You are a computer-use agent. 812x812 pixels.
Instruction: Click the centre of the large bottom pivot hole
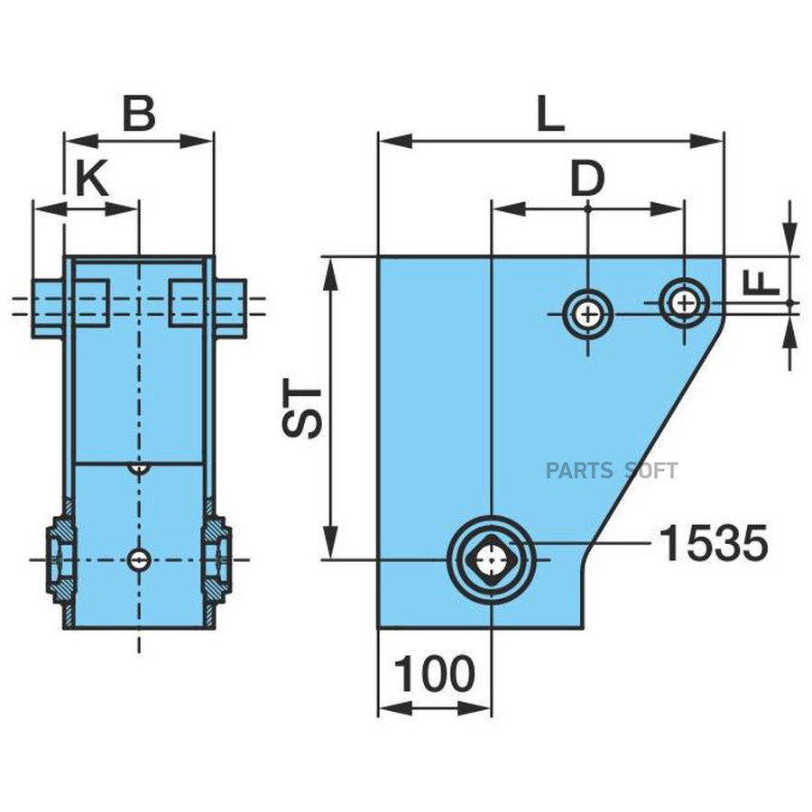click(x=491, y=559)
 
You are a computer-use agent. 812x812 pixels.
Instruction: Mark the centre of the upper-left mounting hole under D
click(x=587, y=314)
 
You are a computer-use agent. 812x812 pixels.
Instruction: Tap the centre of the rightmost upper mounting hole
click(x=685, y=303)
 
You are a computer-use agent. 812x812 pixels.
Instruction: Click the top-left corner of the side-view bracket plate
click(x=379, y=256)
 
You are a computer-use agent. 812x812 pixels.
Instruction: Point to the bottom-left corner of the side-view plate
click(x=379, y=629)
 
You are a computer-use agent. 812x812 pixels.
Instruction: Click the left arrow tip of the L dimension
click(x=379, y=141)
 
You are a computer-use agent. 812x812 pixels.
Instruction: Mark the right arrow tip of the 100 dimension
click(x=491, y=708)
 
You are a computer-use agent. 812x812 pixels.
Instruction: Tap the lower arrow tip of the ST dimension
click(x=330, y=559)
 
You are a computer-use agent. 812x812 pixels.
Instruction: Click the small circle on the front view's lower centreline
click(x=139, y=559)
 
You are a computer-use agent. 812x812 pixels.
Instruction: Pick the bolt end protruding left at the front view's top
click(x=48, y=309)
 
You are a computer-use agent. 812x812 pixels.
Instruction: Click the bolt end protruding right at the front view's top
click(x=230, y=309)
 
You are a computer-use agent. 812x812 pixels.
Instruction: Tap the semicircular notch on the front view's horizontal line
click(x=139, y=467)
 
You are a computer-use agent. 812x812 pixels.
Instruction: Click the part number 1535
click(x=713, y=543)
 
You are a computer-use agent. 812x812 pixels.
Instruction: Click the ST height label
click(x=302, y=409)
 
